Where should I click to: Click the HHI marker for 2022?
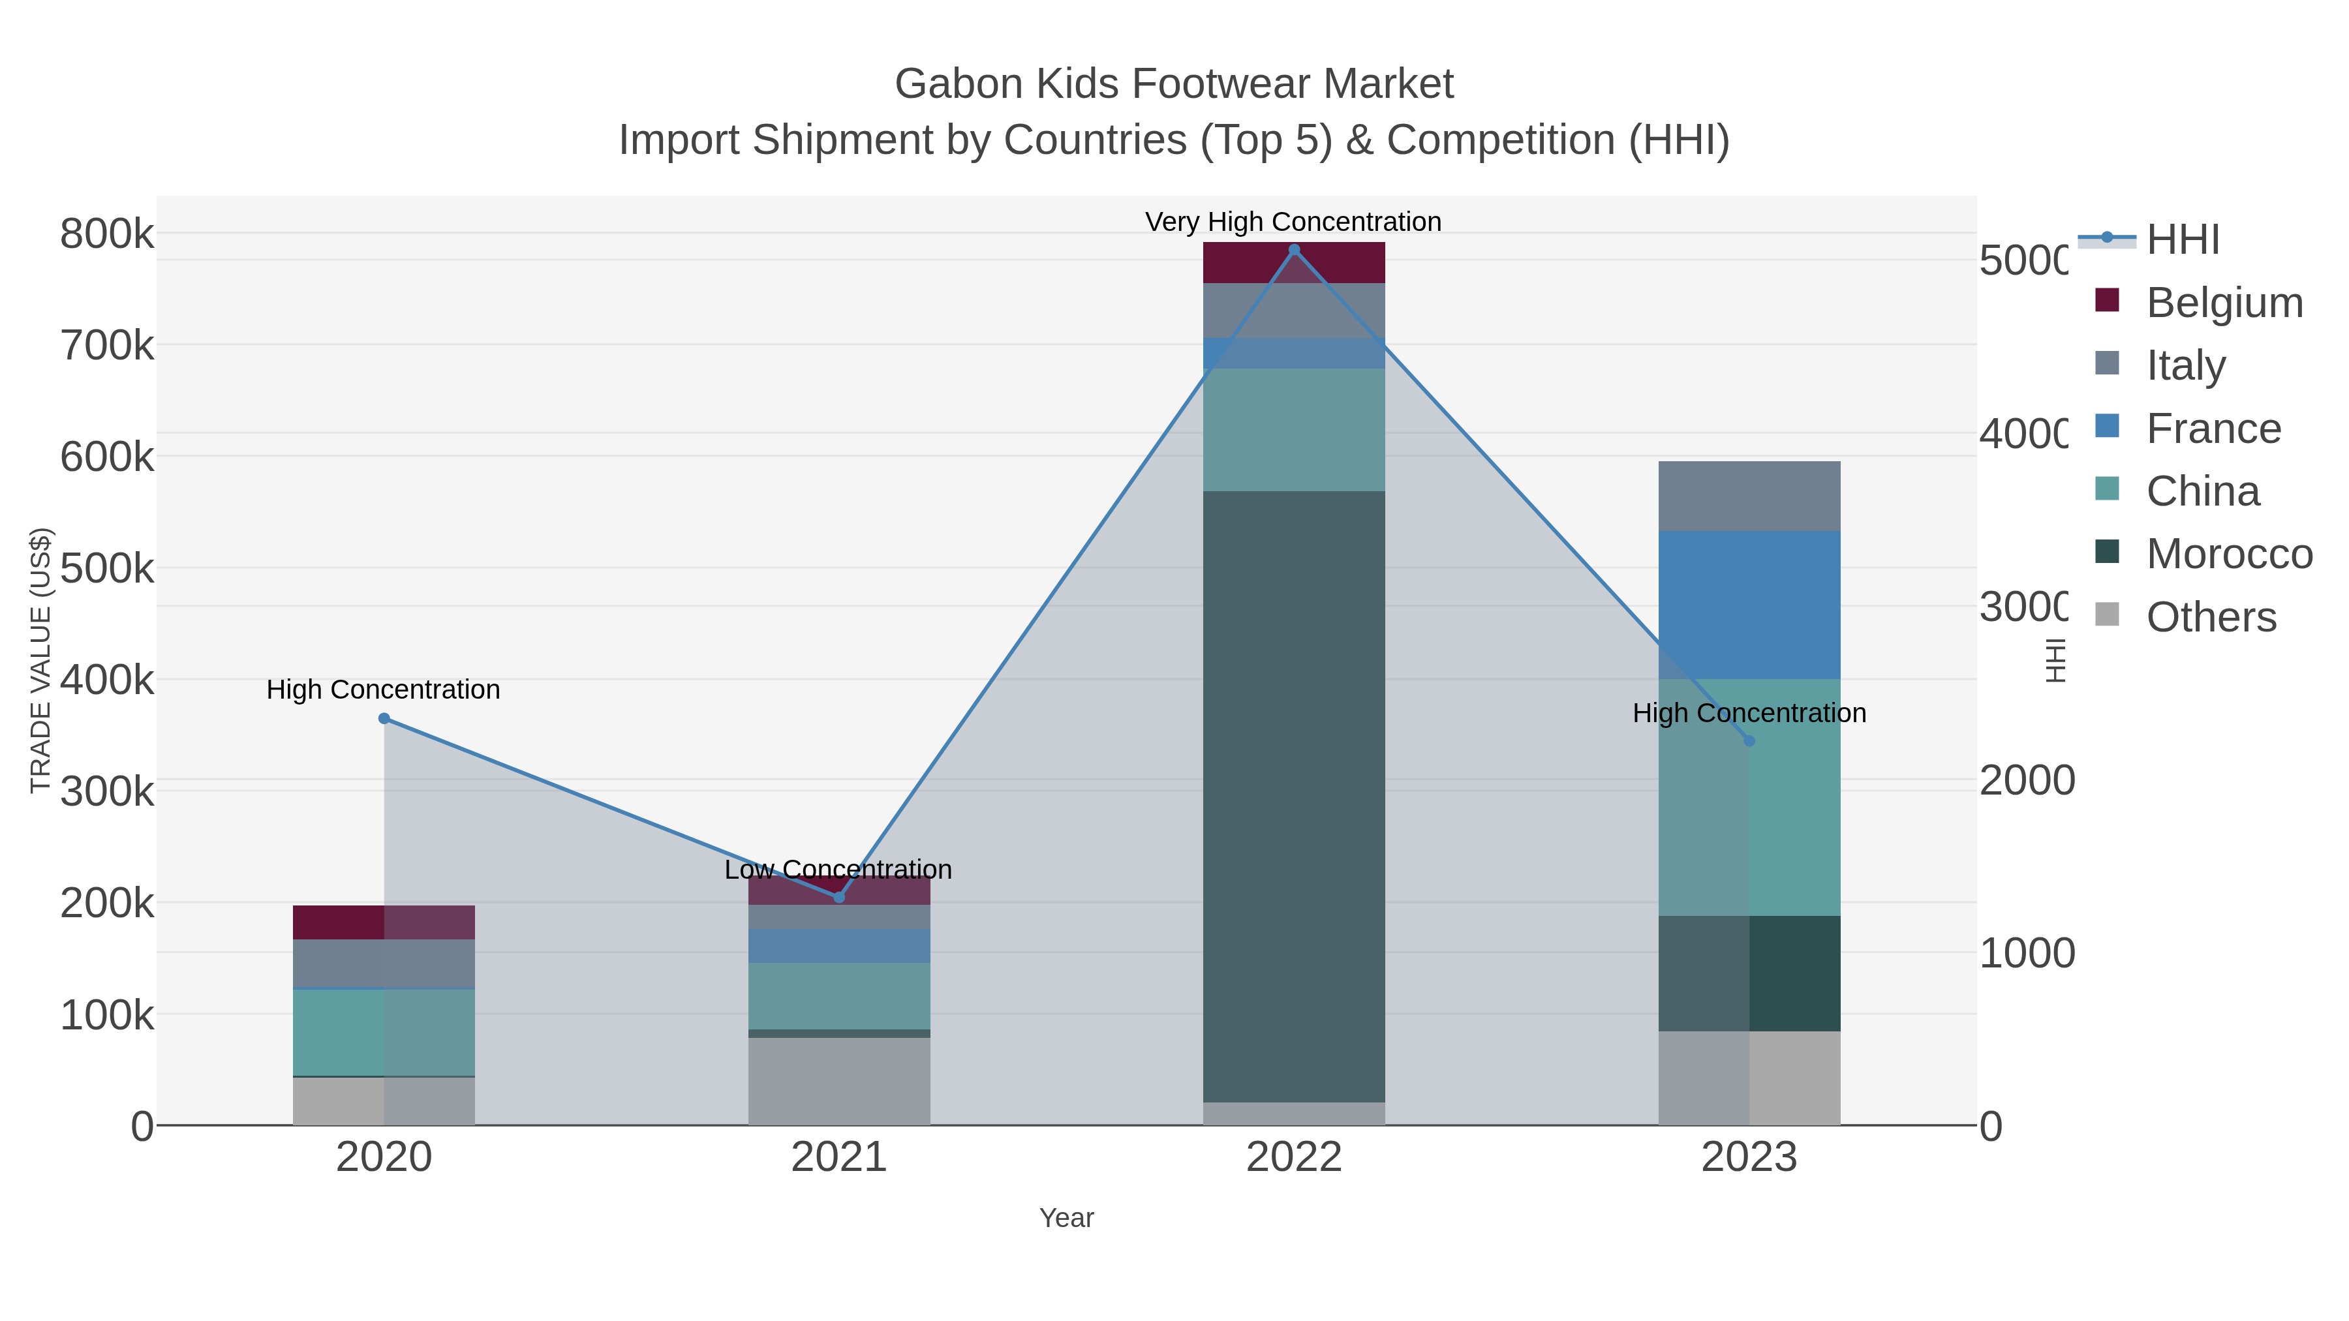click(x=1294, y=250)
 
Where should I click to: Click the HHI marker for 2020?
click(x=384, y=718)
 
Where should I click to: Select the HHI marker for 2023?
click(x=1749, y=741)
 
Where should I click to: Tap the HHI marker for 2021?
click(x=839, y=897)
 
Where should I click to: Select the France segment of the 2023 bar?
click(x=1749, y=605)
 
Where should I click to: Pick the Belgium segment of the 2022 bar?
click(x=1294, y=262)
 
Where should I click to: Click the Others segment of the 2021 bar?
click(x=839, y=1080)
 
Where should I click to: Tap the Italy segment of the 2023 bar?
click(x=1749, y=496)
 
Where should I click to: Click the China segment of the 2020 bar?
click(x=384, y=1032)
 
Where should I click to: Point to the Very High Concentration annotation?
click(x=1293, y=222)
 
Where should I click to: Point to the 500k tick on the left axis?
click(x=107, y=568)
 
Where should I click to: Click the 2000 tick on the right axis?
click(x=2026, y=780)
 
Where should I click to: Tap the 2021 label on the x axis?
click(x=839, y=1158)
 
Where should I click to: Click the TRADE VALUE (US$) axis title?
click(x=40, y=660)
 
